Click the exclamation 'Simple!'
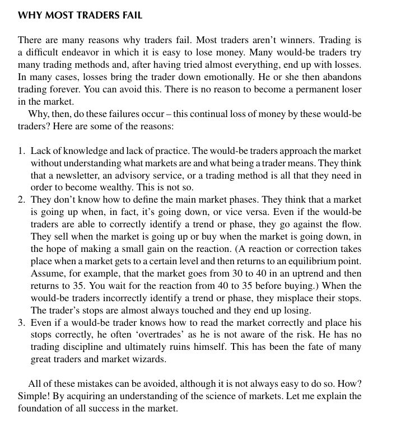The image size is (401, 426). point(34,396)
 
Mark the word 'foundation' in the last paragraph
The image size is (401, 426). point(41,409)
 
